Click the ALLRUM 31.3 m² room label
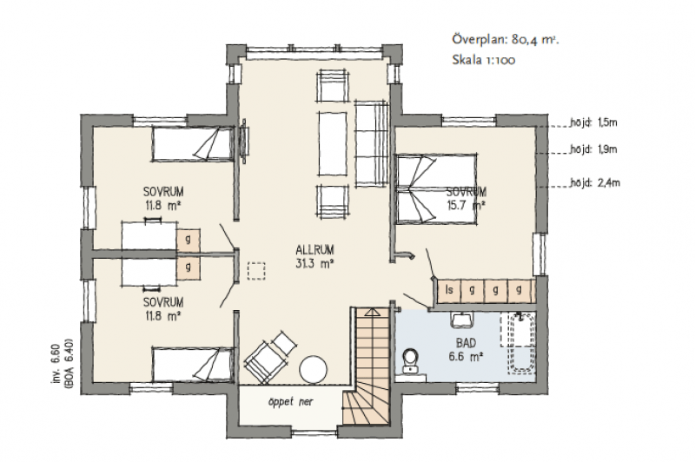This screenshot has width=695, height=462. coord(314,256)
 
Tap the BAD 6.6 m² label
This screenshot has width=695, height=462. coord(466,349)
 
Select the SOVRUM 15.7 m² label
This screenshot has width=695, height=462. coord(466,198)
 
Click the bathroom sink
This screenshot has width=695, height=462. coord(462,320)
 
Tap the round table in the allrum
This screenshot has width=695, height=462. coord(314,368)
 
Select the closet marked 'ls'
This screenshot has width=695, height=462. coord(448,291)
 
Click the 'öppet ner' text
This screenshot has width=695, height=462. coord(290,402)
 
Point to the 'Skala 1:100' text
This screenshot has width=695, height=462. coord(484,60)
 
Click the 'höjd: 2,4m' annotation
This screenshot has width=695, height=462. coord(595,182)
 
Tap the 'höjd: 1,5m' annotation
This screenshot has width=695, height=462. coord(593,122)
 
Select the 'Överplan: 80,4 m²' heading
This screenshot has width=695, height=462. coord(506,39)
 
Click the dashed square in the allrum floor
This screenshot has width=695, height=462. coord(256,271)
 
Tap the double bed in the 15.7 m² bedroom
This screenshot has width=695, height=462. coord(437,188)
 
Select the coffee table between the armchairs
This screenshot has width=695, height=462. coord(333,143)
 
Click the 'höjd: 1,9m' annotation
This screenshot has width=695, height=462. coord(593,149)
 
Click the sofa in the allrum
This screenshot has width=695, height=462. coord(372,143)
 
